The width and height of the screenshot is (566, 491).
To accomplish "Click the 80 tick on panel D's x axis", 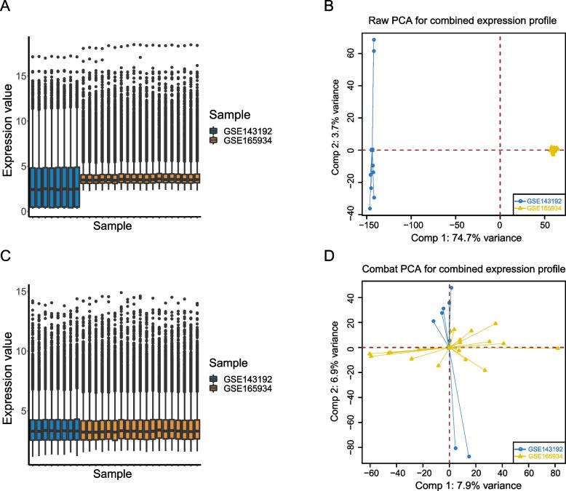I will click(555, 471).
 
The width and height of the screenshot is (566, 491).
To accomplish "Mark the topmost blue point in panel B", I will click(374, 40).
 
